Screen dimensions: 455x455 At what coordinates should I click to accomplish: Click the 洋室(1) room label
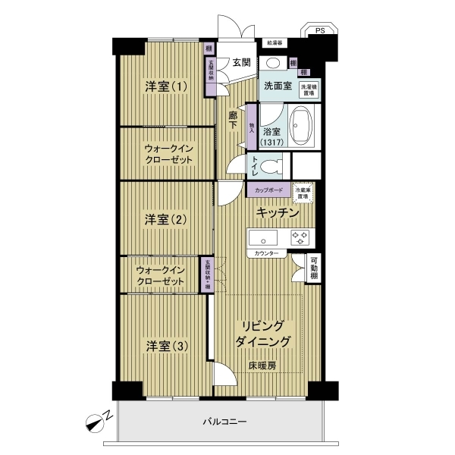tap(166, 86)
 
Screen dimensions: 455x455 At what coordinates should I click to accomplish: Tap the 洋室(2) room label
tap(166, 219)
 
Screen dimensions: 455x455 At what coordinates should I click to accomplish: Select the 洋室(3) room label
tap(166, 346)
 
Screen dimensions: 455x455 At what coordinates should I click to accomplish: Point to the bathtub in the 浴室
tap(303, 126)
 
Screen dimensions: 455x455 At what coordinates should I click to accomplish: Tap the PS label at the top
tap(320, 31)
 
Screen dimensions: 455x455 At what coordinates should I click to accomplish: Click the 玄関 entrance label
tap(241, 62)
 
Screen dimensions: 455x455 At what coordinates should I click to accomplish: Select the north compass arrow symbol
tap(99, 418)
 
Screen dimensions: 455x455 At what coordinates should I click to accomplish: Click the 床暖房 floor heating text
tap(262, 366)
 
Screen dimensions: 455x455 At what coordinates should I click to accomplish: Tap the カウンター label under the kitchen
tap(266, 253)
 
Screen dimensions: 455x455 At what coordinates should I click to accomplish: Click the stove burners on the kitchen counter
tap(301, 237)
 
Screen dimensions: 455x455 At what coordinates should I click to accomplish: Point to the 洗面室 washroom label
tap(277, 86)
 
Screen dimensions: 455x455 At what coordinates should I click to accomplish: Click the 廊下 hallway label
tap(233, 120)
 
